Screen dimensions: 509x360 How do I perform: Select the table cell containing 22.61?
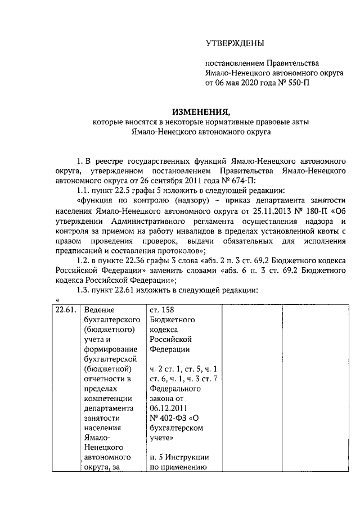66,310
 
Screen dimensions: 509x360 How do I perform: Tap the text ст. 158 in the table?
163,310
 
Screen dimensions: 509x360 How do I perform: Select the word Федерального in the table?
175,388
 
